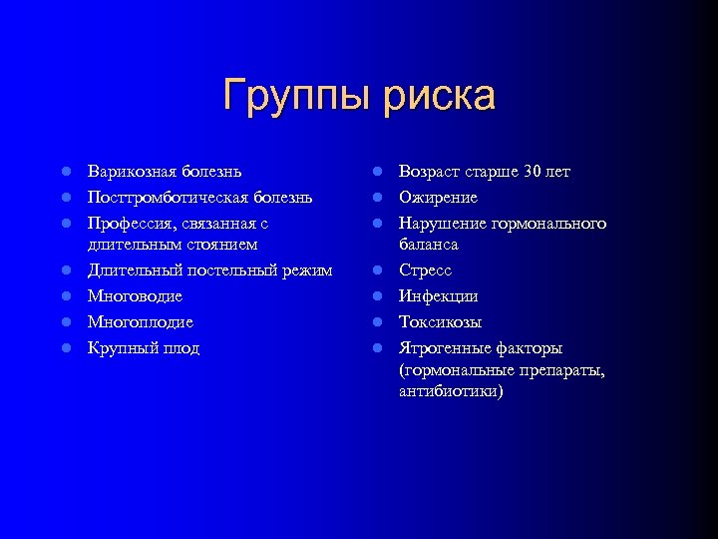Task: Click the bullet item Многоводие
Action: [x=135, y=296]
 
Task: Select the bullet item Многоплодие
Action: [x=140, y=322]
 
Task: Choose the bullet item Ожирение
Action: [x=438, y=198]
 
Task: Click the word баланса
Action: [x=429, y=245]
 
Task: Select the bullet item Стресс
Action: [x=426, y=270]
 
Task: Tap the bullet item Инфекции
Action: [x=438, y=296]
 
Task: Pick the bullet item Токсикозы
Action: [x=440, y=322]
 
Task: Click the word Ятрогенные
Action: [x=445, y=348]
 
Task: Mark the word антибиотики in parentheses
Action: [x=449, y=391]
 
